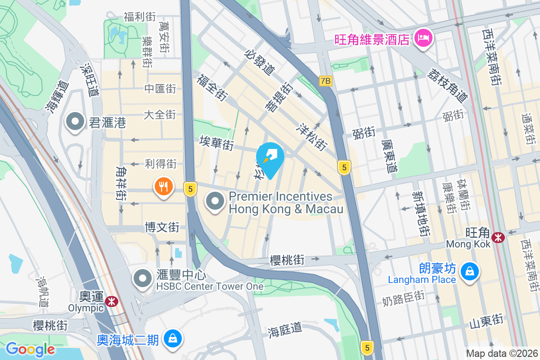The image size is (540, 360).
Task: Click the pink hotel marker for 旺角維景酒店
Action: click(423, 38)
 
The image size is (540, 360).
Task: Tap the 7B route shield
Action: click(325, 81)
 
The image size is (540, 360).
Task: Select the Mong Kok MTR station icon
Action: click(498, 237)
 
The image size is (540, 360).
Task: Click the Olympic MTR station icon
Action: click(111, 301)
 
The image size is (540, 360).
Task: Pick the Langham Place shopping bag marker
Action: click(469, 271)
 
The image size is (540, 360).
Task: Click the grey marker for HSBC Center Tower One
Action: click(143, 279)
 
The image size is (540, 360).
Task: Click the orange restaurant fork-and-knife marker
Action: click(163, 187)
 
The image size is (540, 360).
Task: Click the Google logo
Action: click(30, 349)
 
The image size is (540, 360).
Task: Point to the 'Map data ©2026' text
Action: click(501, 353)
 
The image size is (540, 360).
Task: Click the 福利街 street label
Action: click(140, 17)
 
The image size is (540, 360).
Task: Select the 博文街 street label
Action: click(162, 227)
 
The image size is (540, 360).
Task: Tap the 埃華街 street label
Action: click(216, 144)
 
